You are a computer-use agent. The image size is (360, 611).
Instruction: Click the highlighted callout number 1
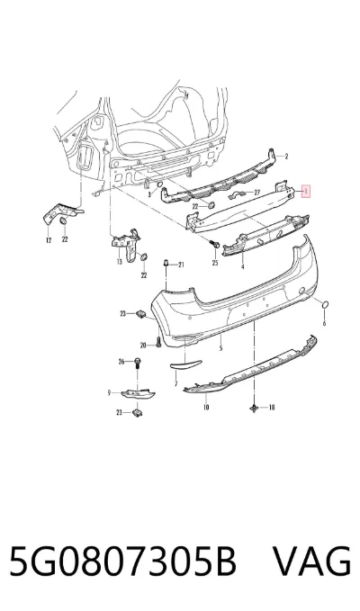[x=306, y=192]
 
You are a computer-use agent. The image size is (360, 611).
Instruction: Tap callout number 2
[x=286, y=157]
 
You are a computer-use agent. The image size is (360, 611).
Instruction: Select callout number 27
[x=256, y=193]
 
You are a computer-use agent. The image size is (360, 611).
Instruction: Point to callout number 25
[x=215, y=264]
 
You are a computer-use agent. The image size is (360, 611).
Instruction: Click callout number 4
[x=243, y=267]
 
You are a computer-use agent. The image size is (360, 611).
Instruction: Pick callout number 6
[x=324, y=323]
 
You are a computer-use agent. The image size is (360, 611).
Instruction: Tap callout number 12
[x=49, y=240]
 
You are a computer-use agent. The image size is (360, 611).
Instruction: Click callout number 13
[x=119, y=262]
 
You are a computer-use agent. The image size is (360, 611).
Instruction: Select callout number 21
[x=181, y=265]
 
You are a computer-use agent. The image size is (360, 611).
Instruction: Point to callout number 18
[x=272, y=408]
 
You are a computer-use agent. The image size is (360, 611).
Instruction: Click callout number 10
[x=206, y=408]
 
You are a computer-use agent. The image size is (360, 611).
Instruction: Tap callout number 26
[x=121, y=362]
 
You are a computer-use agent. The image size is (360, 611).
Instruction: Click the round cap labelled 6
[x=326, y=306]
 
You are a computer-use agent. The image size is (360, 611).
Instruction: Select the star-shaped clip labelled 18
[x=255, y=408]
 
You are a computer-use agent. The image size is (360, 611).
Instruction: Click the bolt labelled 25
[x=215, y=245]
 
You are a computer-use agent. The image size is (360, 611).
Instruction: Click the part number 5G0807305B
[x=123, y=562]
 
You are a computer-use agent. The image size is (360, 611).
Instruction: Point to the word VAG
[x=311, y=562]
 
